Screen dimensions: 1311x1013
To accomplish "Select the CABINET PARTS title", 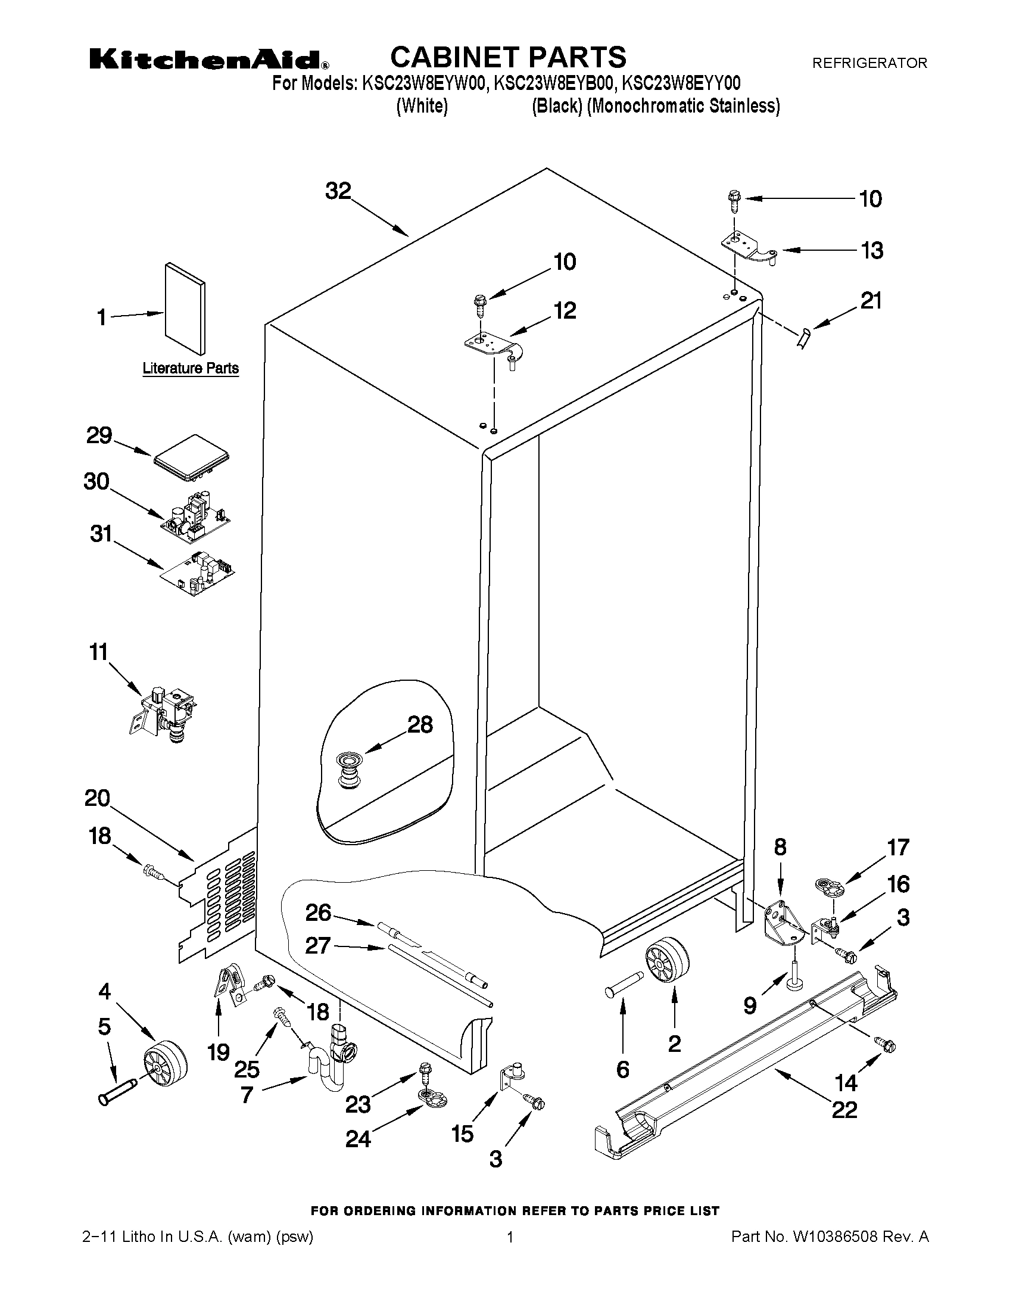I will coord(508,58).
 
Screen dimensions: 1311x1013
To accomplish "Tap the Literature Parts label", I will coord(190,368).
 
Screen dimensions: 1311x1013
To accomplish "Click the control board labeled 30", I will coord(195,518).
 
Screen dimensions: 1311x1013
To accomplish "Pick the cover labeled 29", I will coord(191,459).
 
